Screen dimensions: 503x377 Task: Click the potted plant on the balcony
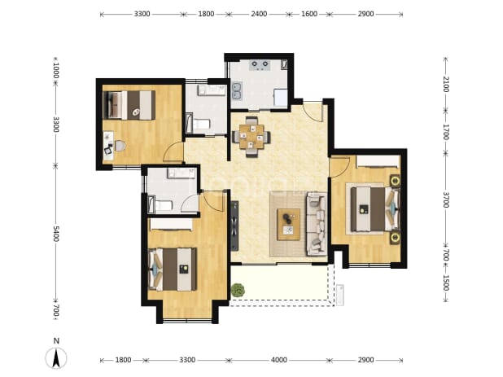point(238,290)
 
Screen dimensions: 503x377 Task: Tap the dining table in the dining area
point(251,137)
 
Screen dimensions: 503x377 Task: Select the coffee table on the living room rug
point(289,224)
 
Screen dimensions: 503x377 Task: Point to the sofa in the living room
point(317,224)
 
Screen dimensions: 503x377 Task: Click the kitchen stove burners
point(260,64)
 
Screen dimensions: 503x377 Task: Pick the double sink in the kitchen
point(237,91)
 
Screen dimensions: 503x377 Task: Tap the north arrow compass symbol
point(56,357)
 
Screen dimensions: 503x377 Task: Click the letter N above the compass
point(56,340)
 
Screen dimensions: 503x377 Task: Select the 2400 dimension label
point(259,14)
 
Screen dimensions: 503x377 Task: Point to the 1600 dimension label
point(309,14)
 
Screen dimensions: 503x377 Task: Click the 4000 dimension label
point(279,360)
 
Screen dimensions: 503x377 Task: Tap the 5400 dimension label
point(56,234)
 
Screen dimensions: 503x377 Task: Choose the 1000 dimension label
point(56,70)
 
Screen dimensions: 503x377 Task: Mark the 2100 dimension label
point(445,84)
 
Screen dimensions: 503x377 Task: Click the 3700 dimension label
point(445,199)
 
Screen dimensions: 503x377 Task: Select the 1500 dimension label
point(445,283)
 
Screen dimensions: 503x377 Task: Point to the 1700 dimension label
point(445,132)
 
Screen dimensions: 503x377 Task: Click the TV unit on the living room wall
point(234,226)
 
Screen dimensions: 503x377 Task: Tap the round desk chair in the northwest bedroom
point(120,146)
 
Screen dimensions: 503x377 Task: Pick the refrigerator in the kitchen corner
point(280,98)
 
